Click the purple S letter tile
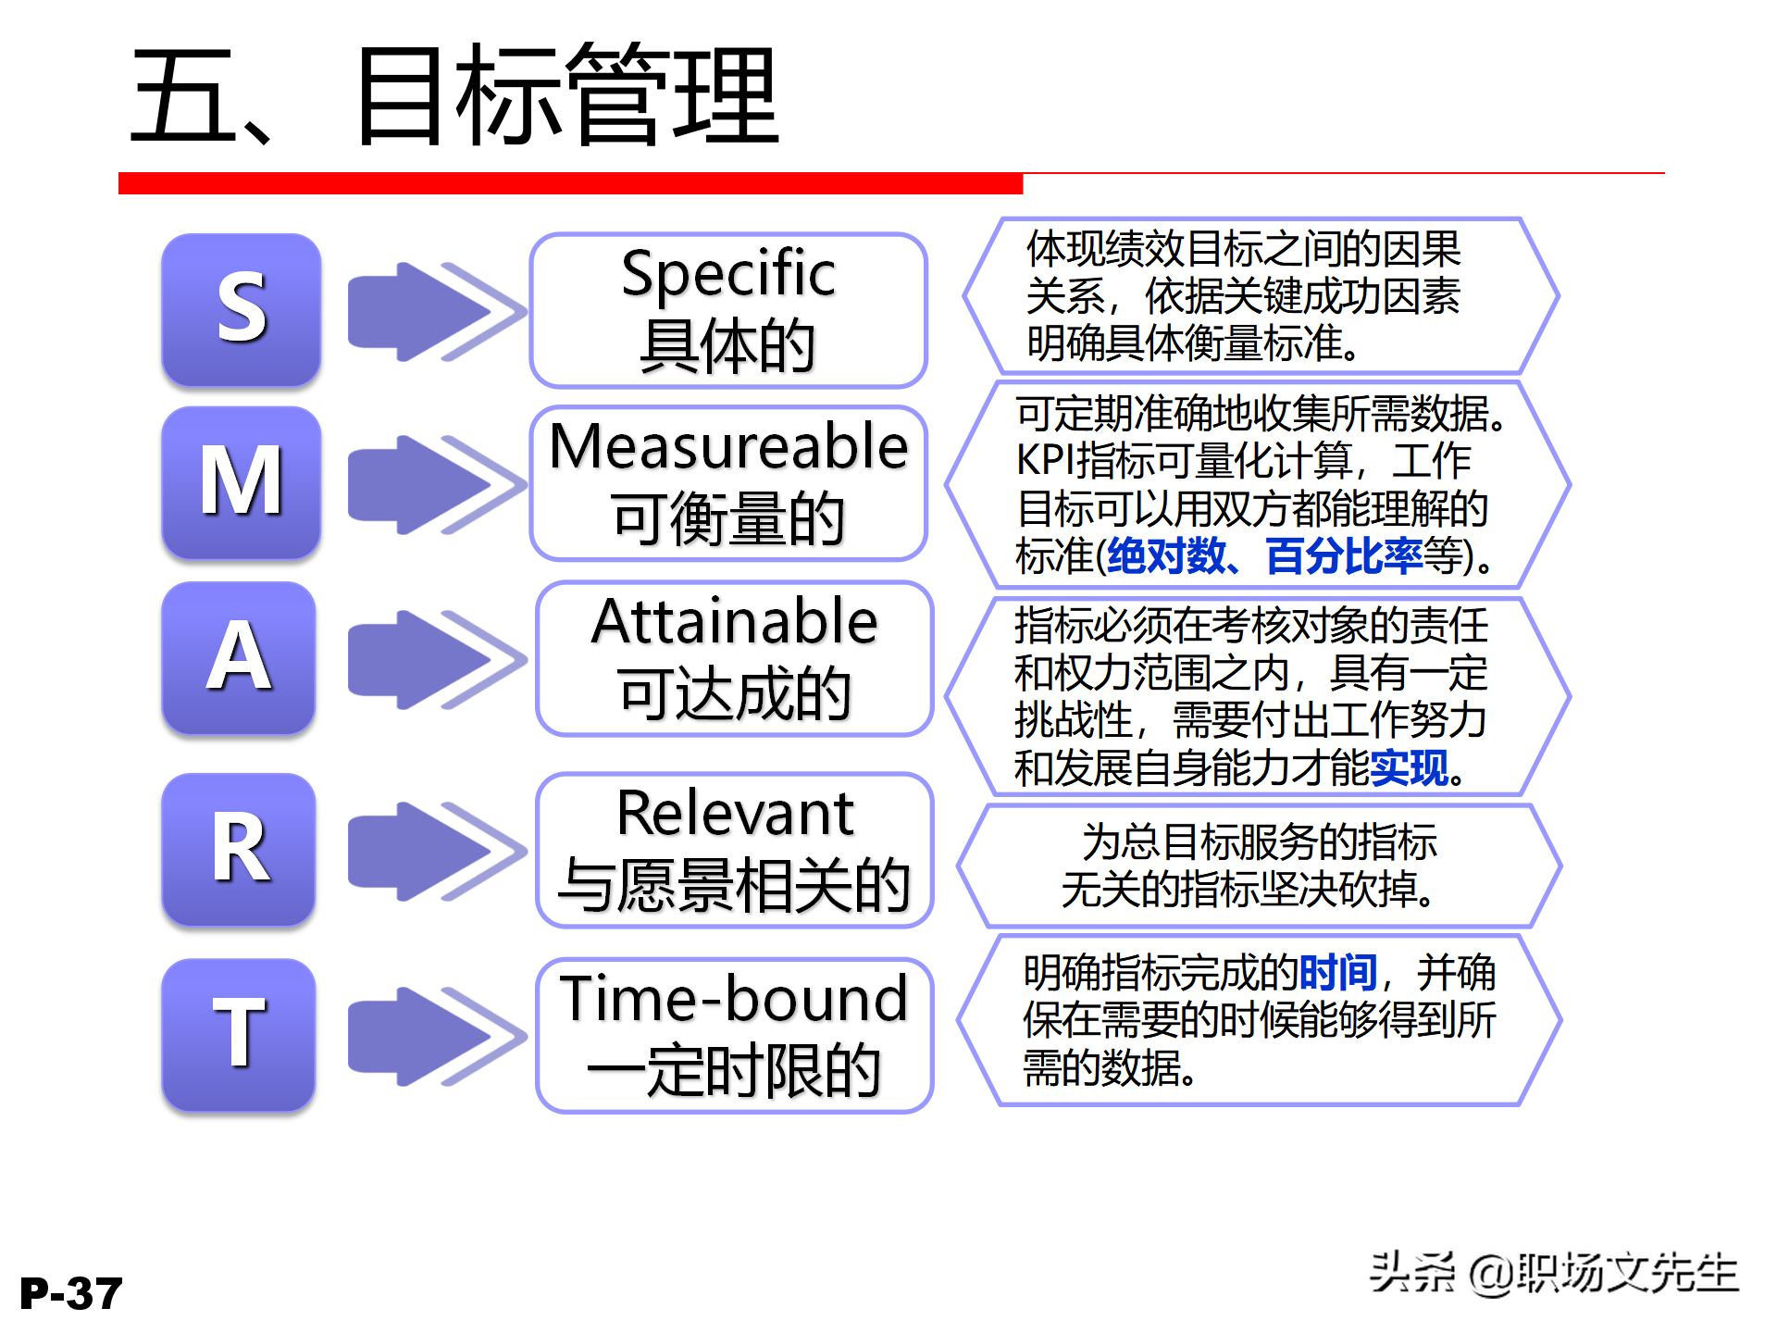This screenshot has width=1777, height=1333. click(x=242, y=309)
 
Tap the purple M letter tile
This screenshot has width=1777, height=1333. click(x=242, y=482)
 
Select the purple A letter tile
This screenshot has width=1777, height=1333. click(x=239, y=657)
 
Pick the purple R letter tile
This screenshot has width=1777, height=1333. click(x=239, y=849)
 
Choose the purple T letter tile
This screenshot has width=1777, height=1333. click(x=239, y=1034)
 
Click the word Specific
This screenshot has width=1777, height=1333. click(x=728, y=274)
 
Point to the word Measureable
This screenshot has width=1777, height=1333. click(x=728, y=446)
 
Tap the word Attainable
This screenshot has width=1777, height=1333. click(x=734, y=621)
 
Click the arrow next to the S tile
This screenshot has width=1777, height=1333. click(x=435, y=311)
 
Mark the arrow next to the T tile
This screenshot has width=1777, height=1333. click(x=435, y=1036)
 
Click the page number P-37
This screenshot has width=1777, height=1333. click(x=71, y=1293)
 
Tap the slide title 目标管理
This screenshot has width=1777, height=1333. click(x=566, y=97)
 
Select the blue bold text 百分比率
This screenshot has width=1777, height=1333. click(x=1344, y=556)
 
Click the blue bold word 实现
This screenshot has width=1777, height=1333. click(x=1409, y=768)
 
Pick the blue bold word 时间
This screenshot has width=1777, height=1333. click(x=1338, y=973)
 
